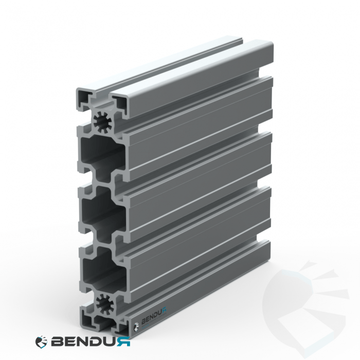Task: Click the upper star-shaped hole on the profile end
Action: click(102, 122)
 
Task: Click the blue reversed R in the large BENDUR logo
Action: click(124, 341)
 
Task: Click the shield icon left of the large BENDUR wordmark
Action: click(41, 341)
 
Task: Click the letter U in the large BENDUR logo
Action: click(111, 341)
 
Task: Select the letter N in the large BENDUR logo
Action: click(83, 341)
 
